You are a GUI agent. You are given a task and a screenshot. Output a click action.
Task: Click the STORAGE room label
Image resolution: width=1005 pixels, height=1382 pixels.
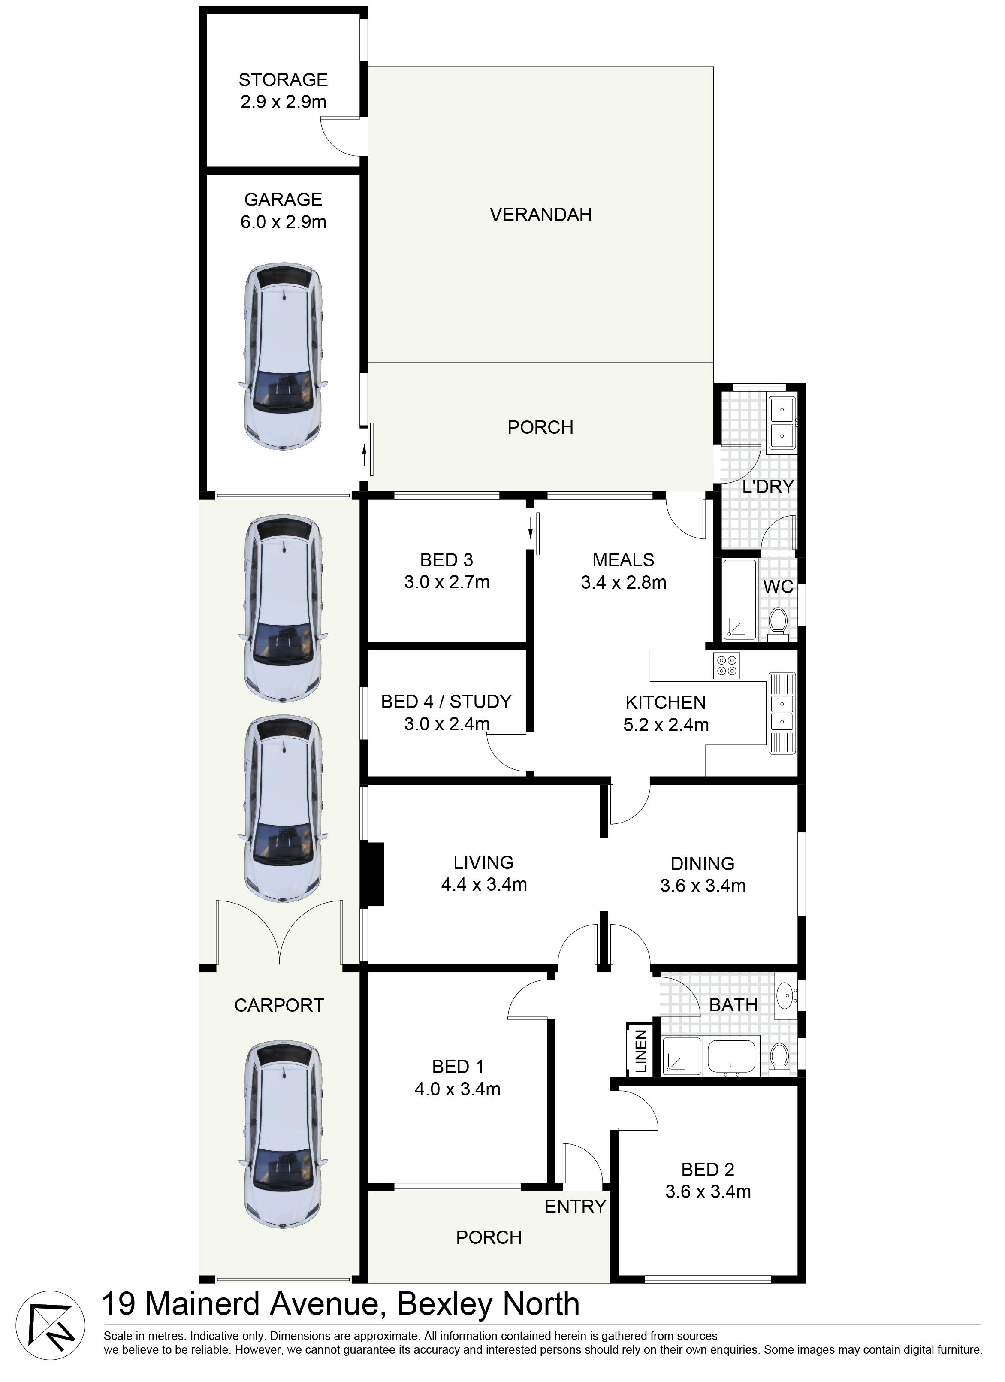click(x=283, y=80)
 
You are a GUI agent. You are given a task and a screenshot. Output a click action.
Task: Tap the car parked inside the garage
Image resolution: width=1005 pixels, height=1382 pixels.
click(x=283, y=357)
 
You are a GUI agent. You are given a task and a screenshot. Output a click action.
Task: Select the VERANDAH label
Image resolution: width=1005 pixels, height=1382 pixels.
click(x=541, y=215)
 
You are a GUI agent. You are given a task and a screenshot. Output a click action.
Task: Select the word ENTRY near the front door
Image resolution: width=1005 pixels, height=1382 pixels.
click(x=576, y=1207)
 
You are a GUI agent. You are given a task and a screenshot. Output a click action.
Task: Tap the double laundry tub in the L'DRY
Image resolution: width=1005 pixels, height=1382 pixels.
click(x=782, y=423)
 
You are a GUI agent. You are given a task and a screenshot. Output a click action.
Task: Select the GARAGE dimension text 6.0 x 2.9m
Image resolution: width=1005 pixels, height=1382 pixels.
click(x=283, y=222)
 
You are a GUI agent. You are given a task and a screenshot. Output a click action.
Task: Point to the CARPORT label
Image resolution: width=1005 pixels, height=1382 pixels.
click(x=279, y=1005)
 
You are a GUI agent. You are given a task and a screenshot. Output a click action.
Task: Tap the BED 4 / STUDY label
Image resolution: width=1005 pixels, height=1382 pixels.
click(x=447, y=702)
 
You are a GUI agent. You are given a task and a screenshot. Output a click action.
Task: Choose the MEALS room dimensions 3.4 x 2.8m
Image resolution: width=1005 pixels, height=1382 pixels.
click(x=624, y=583)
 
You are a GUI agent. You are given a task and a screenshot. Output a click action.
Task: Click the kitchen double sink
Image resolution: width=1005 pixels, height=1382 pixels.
click(x=782, y=713)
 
